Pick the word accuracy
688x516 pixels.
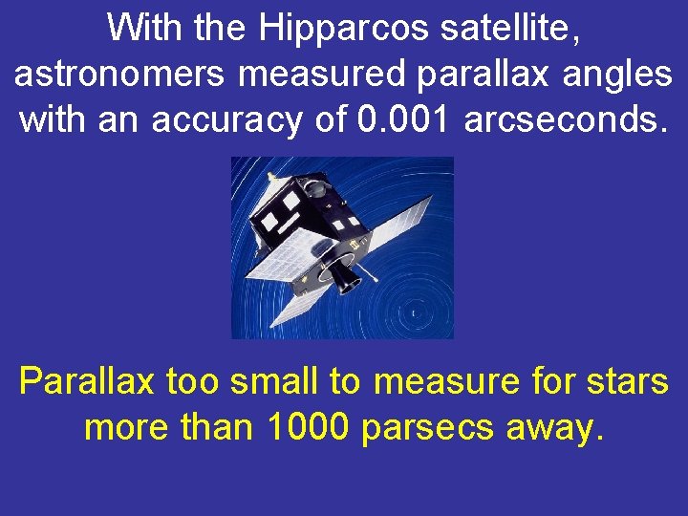coord(215,120)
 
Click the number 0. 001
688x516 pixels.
coord(403,120)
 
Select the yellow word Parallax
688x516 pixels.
coord(88,382)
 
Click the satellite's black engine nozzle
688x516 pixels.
coord(343,276)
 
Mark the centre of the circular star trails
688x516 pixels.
coord(413,313)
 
